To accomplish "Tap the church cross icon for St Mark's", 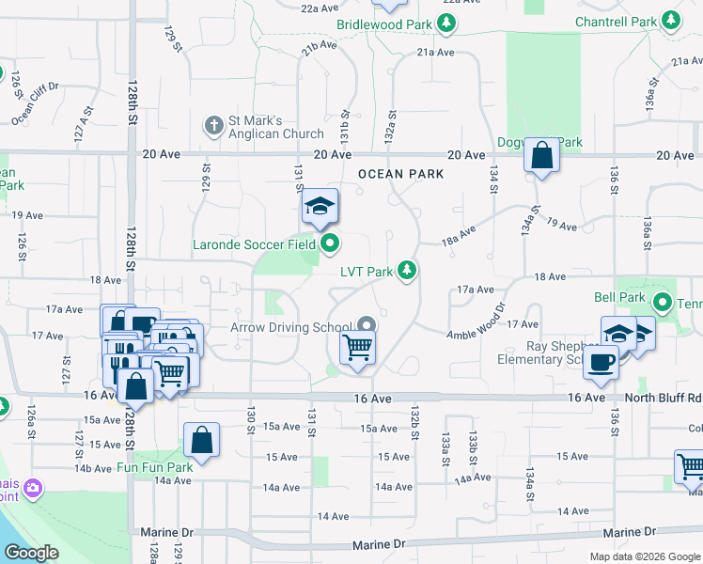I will tap(214, 124).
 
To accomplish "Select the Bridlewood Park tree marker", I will tap(447, 23).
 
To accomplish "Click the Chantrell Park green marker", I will tap(671, 20).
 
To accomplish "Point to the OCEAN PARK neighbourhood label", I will tap(400, 175).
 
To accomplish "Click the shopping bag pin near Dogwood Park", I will tap(543, 156).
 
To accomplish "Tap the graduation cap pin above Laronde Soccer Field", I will tap(320, 207).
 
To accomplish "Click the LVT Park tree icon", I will tap(407, 272).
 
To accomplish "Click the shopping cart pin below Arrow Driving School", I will tap(357, 348).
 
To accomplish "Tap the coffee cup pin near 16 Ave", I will tap(601, 362).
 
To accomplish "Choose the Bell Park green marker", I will tap(662, 303).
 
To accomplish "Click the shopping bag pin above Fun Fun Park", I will tap(202, 439).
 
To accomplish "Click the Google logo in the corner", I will tap(31, 553).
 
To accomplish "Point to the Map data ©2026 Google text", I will tap(644, 556).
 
